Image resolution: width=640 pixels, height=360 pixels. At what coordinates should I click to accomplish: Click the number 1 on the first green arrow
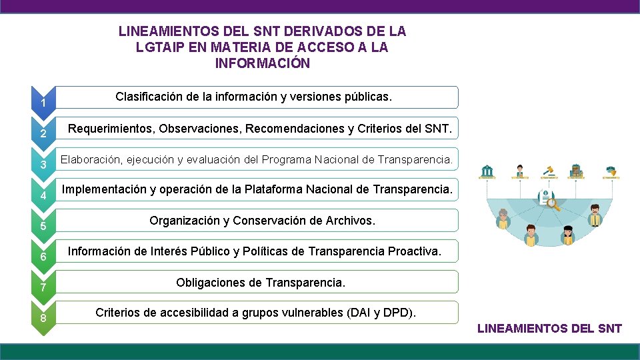(x=42, y=103)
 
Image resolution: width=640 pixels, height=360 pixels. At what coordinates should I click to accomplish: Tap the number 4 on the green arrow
(x=42, y=196)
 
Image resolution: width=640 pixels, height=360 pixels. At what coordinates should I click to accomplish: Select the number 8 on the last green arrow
(x=43, y=318)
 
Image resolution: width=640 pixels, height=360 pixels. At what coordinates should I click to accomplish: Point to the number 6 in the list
(x=42, y=257)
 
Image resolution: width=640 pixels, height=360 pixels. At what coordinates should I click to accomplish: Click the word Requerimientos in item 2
(x=111, y=128)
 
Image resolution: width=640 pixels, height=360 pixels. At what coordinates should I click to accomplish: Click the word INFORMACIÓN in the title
(x=263, y=64)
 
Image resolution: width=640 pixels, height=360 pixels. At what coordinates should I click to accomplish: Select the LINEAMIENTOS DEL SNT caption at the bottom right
(x=550, y=328)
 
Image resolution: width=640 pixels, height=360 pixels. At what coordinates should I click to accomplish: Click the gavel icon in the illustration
(x=550, y=170)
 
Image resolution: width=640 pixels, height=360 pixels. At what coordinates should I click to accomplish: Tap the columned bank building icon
(x=488, y=171)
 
